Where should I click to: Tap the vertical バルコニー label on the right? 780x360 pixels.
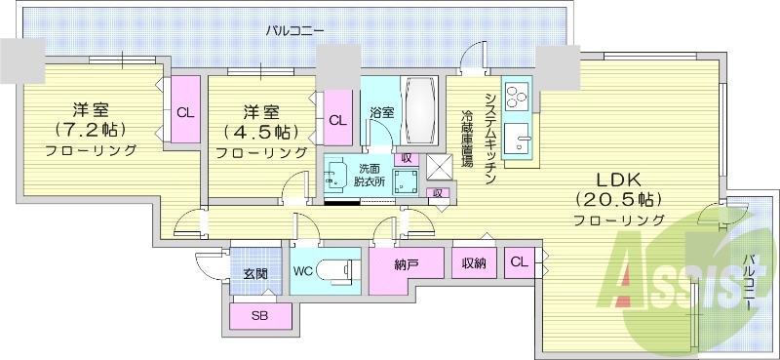749,282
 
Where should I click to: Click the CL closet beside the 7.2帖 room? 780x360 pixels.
184,112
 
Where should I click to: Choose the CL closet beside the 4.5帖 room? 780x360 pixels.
337,120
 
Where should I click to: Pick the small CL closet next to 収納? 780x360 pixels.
520,260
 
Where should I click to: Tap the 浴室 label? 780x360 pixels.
381,112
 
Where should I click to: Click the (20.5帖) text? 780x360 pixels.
619,199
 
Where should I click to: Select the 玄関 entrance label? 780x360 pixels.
255,273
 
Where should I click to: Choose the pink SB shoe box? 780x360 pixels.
259,316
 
